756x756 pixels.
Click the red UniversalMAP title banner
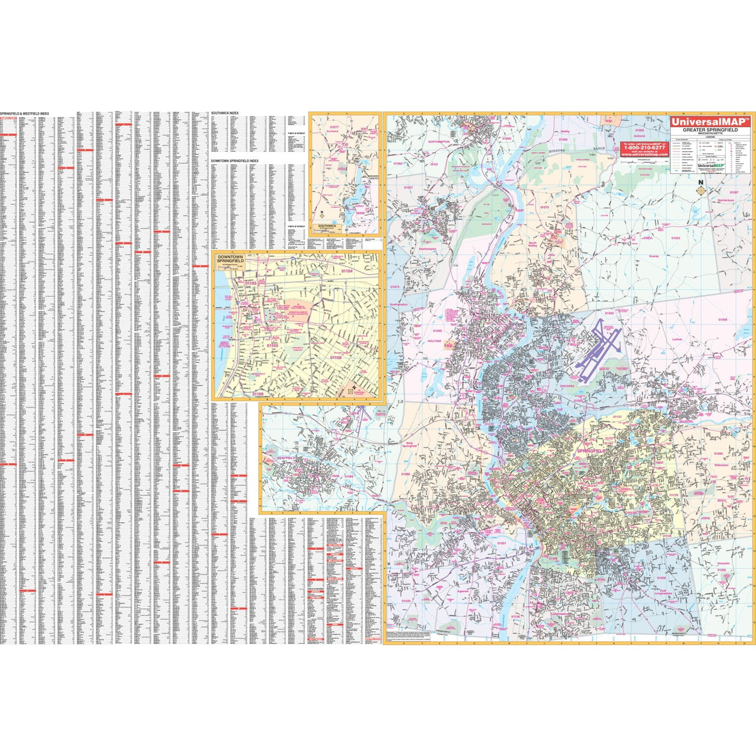pyautogui.click(x=708, y=122)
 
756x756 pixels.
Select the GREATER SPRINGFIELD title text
pyautogui.click(x=709, y=130)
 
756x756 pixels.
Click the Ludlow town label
pyautogui.click(x=677, y=339)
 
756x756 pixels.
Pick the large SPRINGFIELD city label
pyautogui.click(x=591, y=452)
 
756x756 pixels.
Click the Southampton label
pyautogui.click(x=399, y=305)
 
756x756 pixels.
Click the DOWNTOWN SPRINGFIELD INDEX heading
pyautogui.click(x=235, y=161)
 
